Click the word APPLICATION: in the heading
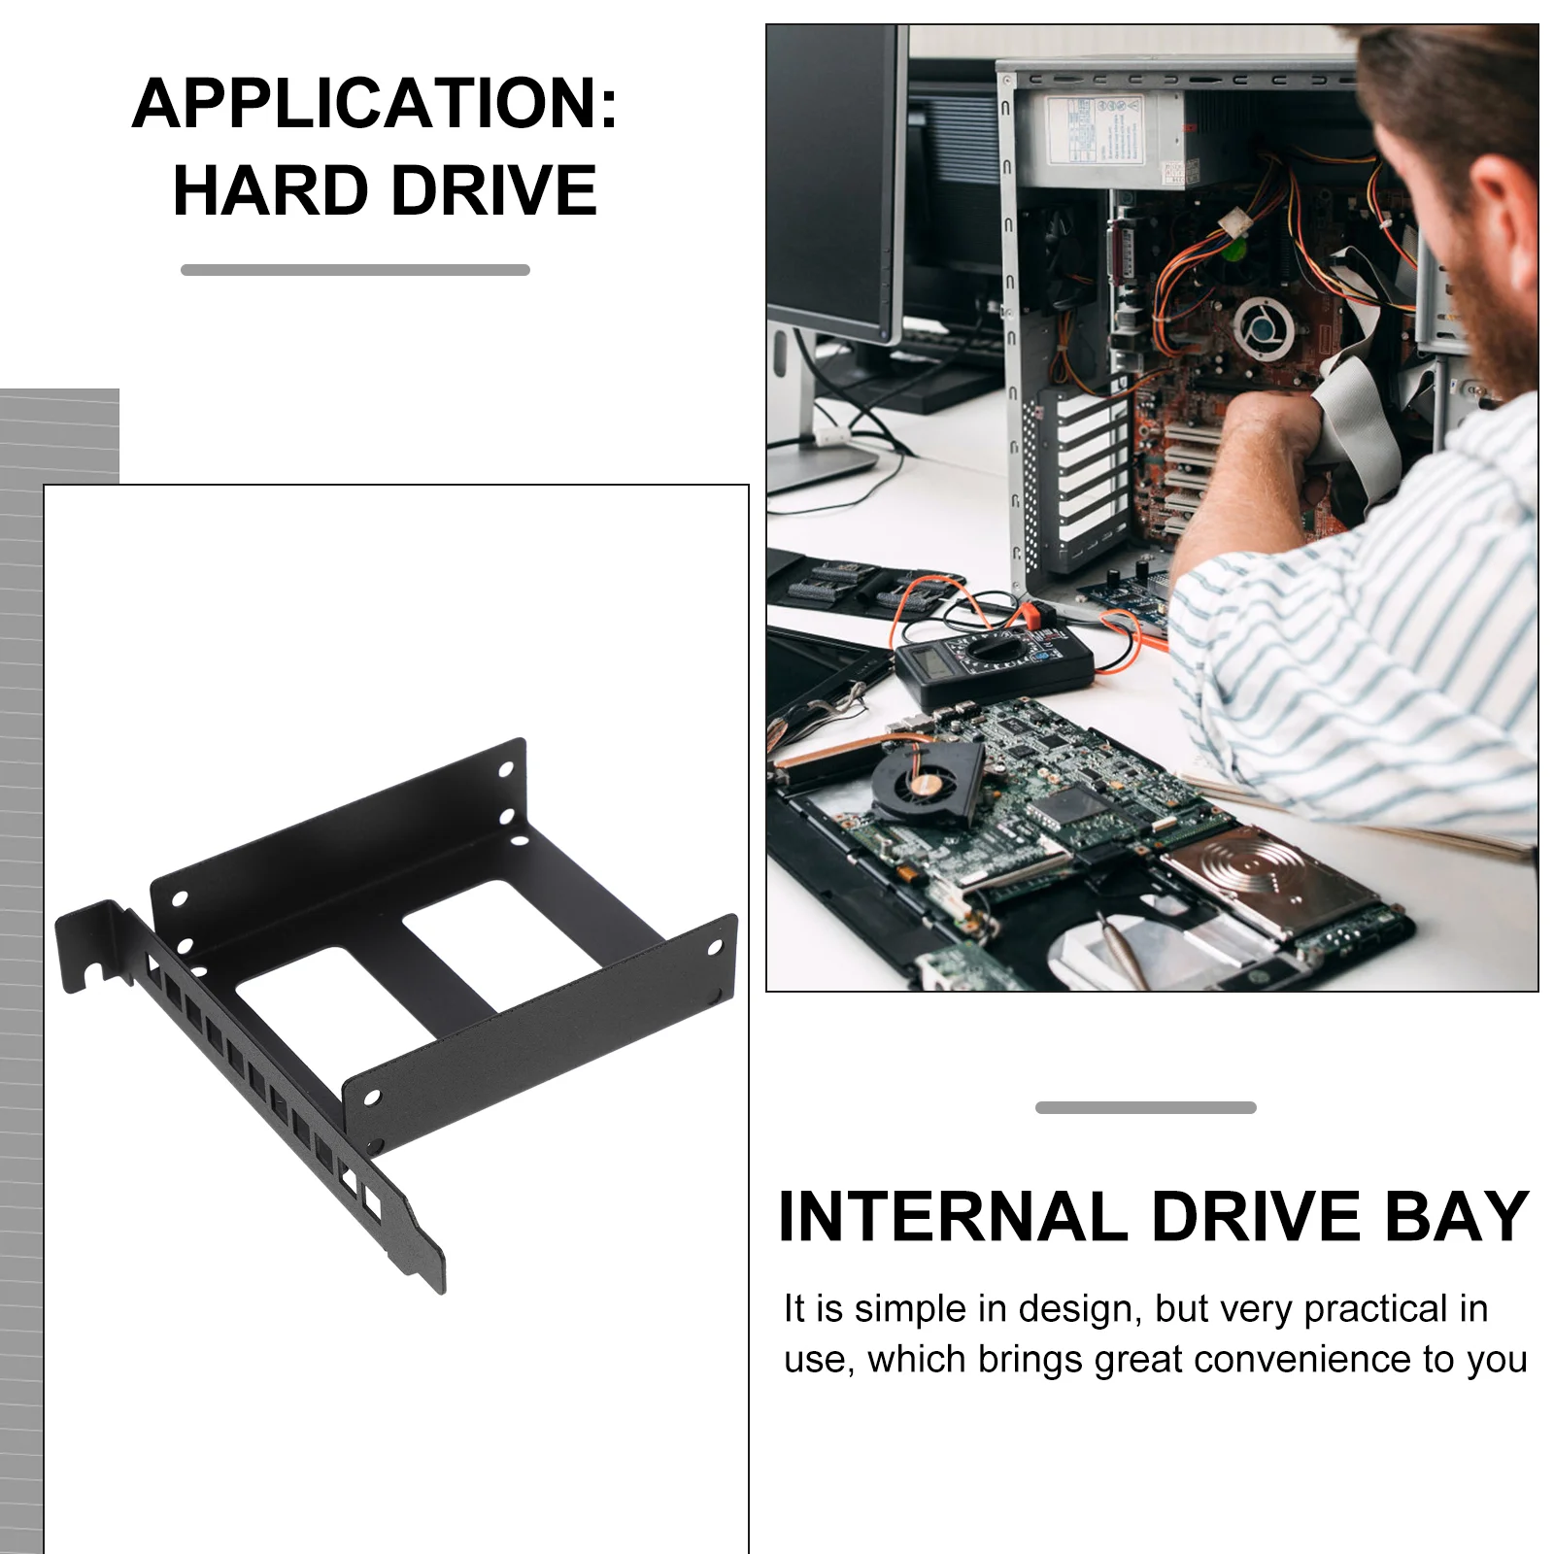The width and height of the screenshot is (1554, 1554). (375, 103)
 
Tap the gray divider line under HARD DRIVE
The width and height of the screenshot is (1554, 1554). (355, 270)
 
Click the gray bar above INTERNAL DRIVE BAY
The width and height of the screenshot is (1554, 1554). (1146, 1107)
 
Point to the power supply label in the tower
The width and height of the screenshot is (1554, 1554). (1093, 129)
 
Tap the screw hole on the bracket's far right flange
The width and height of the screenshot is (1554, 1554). (715, 946)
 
